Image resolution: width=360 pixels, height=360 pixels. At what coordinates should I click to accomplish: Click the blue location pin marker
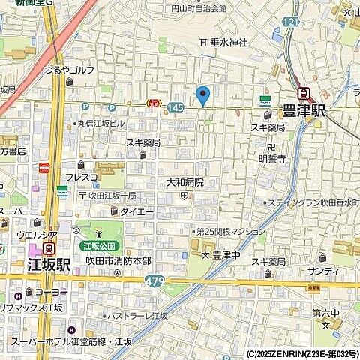click(202, 95)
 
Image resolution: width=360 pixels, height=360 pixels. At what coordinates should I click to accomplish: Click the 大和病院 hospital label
click(184, 182)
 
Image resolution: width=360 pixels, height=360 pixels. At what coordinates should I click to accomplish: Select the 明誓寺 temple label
click(272, 158)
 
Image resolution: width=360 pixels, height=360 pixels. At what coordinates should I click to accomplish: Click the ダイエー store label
click(136, 212)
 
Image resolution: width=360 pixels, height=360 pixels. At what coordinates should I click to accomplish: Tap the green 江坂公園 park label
click(97, 245)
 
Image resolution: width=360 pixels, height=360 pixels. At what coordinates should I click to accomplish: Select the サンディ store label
click(322, 270)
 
